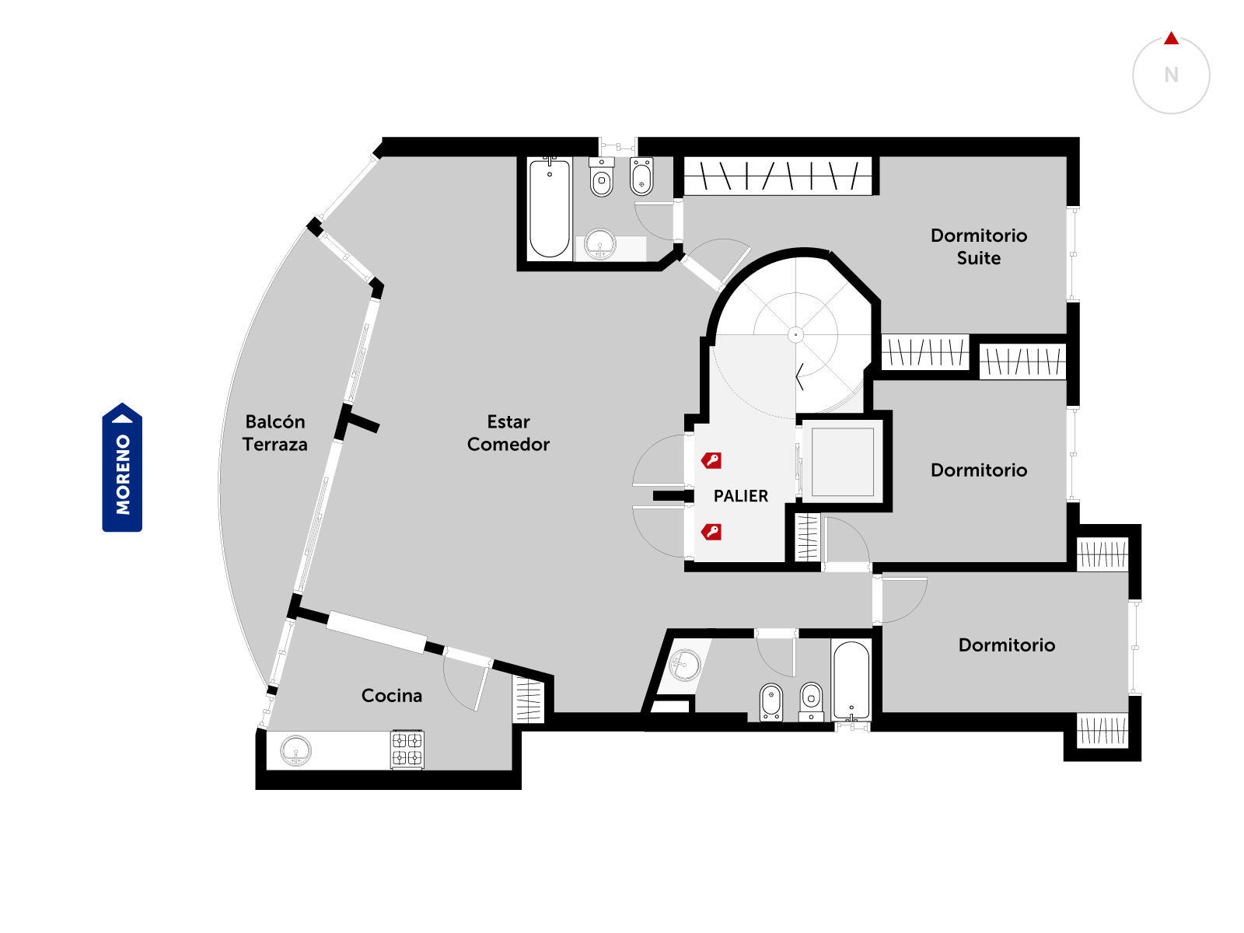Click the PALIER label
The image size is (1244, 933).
point(740,496)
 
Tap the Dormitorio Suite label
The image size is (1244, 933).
point(978,246)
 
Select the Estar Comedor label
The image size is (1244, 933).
point(508,433)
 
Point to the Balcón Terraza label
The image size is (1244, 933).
point(275,433)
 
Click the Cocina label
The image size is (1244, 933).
point(392,695)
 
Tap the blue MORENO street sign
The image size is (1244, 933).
point(122,467)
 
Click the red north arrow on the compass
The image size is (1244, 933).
point(1171,39)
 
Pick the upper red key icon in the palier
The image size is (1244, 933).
point(711,460)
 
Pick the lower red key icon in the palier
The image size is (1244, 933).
point(711,532)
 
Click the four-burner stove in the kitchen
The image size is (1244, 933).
point(407,749)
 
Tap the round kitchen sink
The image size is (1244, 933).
point(295,750)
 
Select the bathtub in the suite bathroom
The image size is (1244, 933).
point(549,208)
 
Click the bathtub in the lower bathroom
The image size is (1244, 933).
point(851,680)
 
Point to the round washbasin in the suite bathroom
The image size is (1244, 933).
point(599,245)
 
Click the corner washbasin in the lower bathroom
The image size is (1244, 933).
point(684,665)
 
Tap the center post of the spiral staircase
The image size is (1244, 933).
point(795,335)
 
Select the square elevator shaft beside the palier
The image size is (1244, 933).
point(842,462)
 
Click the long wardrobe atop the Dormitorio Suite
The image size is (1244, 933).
point(777,176)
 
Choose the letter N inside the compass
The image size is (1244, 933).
point(1171,75)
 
